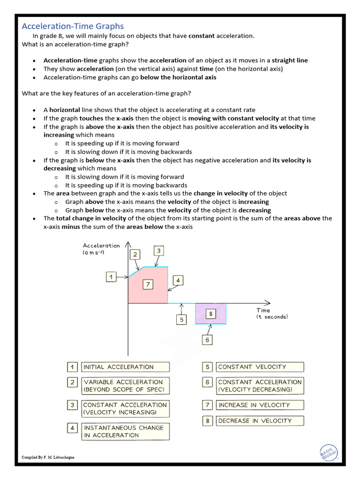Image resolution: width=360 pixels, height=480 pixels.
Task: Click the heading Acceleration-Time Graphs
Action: coord(73,26)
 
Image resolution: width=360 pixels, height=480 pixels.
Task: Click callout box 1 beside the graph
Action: coord(111,277)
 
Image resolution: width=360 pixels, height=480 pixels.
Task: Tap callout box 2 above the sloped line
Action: coord(135,255)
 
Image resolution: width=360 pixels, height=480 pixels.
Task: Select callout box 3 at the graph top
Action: coord(159,251)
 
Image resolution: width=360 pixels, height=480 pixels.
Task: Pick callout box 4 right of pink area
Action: coord(178,281)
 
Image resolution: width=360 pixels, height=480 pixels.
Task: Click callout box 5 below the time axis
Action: coord(181,320)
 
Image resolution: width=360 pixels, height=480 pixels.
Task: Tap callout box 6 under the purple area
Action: coord(207,340)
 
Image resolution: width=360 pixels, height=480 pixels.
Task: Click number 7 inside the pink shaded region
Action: coord(148,284)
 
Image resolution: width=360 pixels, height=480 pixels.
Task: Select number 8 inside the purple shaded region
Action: coord(210,314)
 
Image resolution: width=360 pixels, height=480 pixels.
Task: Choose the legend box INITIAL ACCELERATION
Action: coord(125,367)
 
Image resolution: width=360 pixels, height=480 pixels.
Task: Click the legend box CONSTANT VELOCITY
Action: coord(260,367)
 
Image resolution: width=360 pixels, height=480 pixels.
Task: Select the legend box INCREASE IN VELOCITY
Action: coord(260,405)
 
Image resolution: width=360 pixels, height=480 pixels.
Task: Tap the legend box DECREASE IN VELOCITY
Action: coord(260,420)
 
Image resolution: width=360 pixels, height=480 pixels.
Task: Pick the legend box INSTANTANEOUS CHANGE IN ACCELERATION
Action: coord(125,431)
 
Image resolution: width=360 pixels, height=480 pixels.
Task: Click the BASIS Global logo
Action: coord(328,452)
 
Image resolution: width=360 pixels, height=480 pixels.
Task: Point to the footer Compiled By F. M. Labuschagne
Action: coord(49,457)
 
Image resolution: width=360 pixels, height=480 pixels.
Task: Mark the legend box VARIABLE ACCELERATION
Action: coord(125,386)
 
